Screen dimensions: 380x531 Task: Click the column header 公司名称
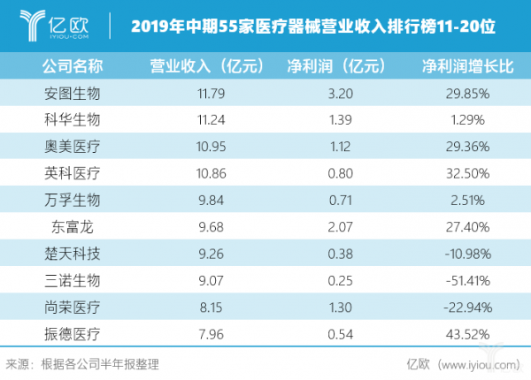pos(72,65)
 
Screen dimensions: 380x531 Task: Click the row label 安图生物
pos(72,93)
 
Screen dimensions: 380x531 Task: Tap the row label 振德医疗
pos(72,334)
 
